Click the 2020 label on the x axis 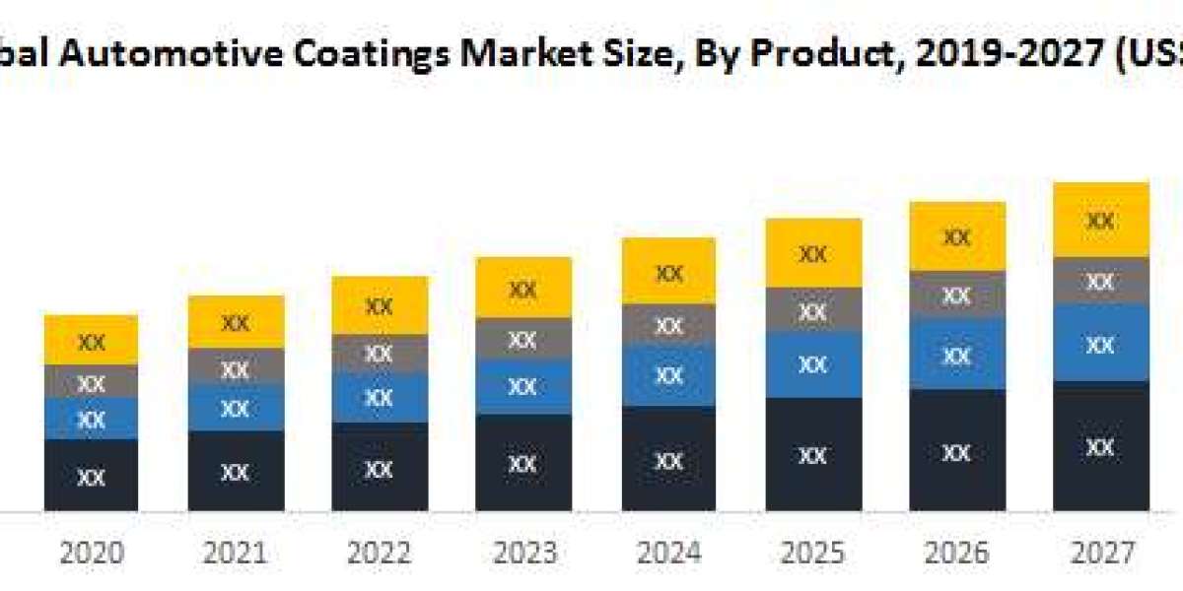tap(92, 553)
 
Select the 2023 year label tap(523, 553)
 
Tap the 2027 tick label tap(1101, 553)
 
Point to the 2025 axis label tap(812, 553)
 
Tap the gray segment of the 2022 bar tap(380, 353)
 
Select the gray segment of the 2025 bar tap(812, 309)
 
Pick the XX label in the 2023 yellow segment tap(523, 290)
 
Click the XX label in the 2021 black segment tap(236, 473)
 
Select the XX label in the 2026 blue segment tap(957, 356)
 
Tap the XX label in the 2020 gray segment tap(92, 382)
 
